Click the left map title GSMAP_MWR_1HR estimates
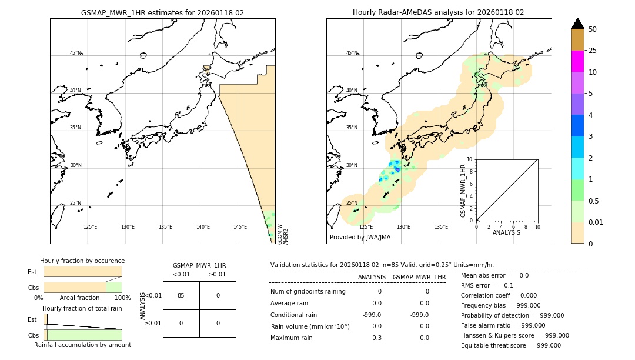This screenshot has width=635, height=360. pos(162,12)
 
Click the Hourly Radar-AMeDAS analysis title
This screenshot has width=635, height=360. pos(438,12)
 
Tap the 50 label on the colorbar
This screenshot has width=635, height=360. pos(593,29)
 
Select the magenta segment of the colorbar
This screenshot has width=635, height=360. pos(577,61)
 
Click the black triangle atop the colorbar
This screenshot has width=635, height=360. pos(577,24)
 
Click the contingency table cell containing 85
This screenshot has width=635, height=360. pos(181,295)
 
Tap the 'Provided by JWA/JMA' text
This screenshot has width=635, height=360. pos(360,238)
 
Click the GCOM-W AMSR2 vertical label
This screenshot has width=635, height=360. pos(282,233)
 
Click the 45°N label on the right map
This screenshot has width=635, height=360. pos(352,53)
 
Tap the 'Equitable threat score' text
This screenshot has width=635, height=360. pos(512,346)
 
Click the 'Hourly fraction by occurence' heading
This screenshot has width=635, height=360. pos(82,261)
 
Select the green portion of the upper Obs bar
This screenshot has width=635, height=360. pos(113,287)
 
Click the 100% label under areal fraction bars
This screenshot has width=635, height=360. pos(122,298)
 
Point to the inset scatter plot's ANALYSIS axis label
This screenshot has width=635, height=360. pos(506,232)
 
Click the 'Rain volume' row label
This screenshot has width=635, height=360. pos(310,326)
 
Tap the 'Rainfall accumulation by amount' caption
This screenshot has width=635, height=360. pos(82,345)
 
